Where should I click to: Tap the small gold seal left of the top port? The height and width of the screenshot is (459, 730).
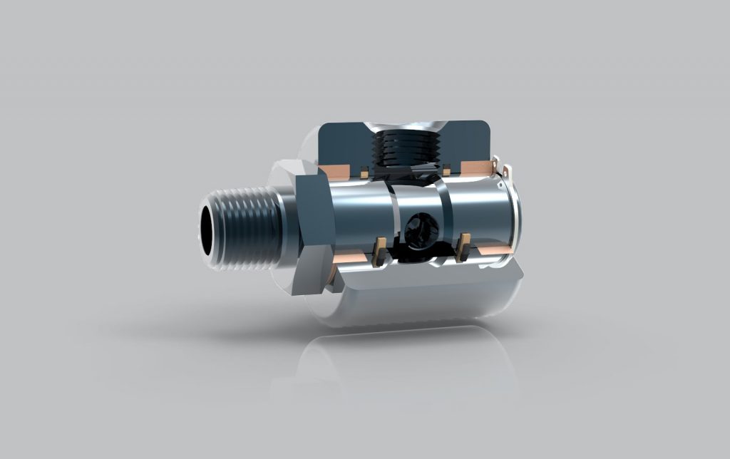(x=364, y=172)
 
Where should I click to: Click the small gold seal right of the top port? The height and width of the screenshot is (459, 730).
(x=446, y=169)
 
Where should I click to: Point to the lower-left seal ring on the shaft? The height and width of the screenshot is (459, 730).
(x=381, y=250)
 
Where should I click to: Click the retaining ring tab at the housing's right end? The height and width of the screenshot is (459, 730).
(x=507, y=170)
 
